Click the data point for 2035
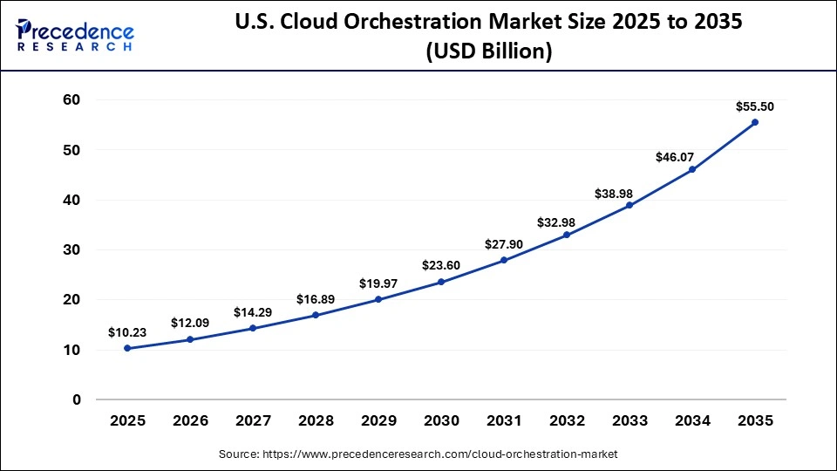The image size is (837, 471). point(755,122)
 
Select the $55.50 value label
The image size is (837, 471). point(755,106)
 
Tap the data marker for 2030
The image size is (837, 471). point(441,282)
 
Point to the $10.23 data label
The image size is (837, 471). point(127,332)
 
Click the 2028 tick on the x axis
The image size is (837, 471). point(316,420)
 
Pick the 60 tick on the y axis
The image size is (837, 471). point(71,100)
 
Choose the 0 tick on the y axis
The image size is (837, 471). point(76,399)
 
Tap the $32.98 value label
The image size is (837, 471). point(567,219)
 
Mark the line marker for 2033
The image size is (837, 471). point(629,205)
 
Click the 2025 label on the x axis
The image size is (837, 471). point(127,420)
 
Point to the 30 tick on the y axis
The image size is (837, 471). point(71,250)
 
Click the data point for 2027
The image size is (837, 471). point(253,328)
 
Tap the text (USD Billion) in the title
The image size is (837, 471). point(488,51)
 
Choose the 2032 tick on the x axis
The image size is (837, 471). point(567,420)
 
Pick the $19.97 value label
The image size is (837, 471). point(378,283)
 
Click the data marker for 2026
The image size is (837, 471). point(190,339)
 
